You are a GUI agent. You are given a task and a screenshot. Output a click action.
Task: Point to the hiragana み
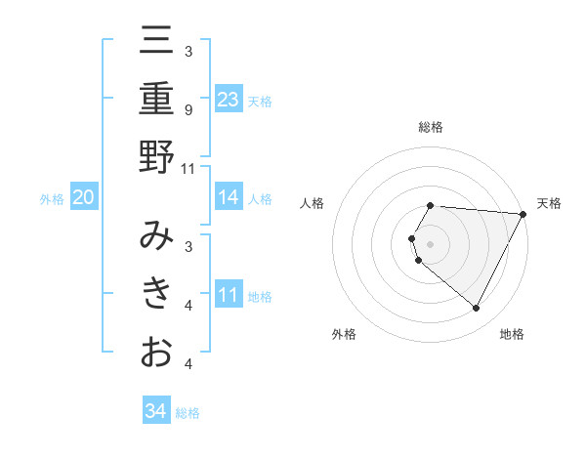coord(156,235)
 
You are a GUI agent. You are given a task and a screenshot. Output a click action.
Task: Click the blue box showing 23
coord(229,99)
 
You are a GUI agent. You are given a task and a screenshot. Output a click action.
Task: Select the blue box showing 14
coord(229,197)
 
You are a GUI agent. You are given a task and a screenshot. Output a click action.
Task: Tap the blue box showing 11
coord(229,294)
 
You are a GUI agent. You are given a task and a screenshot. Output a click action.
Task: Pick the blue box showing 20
coord(83,197)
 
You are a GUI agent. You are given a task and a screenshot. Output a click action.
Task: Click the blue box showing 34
coord(155,411)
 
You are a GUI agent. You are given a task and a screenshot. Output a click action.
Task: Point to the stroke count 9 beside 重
coord(188,109)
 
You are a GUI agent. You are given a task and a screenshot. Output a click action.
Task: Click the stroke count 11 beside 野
coord(188,168)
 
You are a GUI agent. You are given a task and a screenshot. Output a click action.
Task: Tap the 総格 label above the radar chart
coord(431,127)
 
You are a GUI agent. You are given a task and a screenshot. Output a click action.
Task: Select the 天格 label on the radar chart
coord(549,203)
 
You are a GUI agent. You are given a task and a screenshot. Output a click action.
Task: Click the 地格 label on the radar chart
coord(512,334)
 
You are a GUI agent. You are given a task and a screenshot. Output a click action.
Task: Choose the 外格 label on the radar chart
coord(344,334)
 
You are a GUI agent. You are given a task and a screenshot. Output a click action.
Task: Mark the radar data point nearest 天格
coord(523,214)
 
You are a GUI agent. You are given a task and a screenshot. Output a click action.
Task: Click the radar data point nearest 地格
coord(477,309)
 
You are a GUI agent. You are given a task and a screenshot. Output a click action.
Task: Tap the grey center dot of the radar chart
coord(431,244)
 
